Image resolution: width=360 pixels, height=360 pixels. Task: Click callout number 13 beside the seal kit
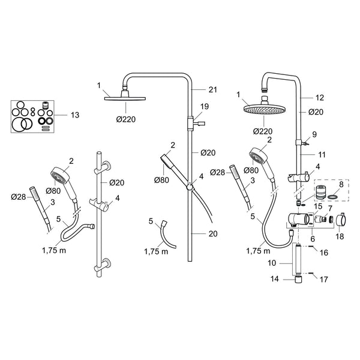point(75,115)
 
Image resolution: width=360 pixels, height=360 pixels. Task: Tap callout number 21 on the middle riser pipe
point(212,89)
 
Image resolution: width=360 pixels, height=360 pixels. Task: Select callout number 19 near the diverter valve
point(204,107)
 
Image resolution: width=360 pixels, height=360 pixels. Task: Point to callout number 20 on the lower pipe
point(213,234)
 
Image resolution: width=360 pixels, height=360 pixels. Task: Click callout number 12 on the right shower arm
point(319,98)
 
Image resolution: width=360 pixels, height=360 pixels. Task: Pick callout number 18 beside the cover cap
point(340,236)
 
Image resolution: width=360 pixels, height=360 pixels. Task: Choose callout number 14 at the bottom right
point(275,279)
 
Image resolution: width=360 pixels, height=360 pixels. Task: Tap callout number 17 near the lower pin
point(324,280)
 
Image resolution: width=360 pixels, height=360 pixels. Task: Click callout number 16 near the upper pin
point(324,253)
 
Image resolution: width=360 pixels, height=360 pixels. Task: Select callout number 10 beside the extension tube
point(272,263)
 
